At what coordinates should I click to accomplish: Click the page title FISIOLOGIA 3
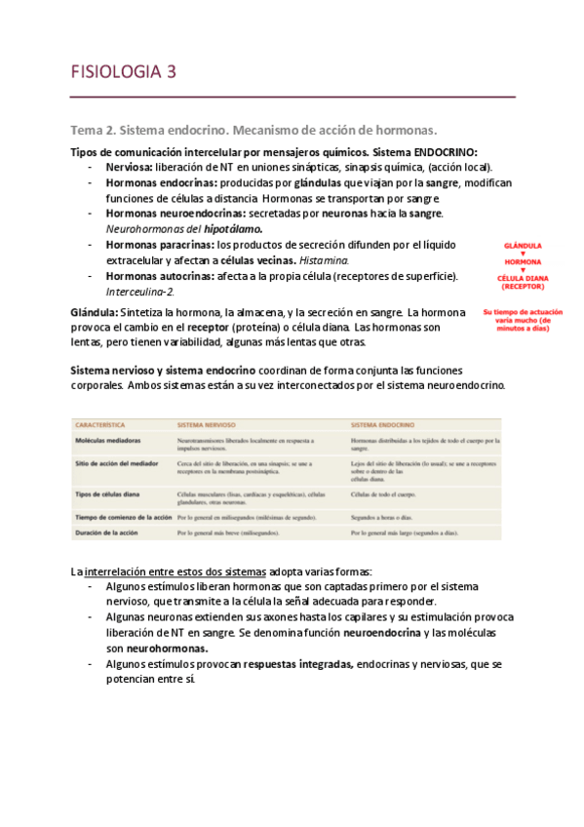pos(123,71)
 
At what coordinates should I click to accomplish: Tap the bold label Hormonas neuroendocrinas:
pos(175,213)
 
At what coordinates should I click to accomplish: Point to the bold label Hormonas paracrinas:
pos(159,245)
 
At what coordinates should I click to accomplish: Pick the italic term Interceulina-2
pos(139,291)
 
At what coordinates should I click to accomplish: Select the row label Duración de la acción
pos(113,535)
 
